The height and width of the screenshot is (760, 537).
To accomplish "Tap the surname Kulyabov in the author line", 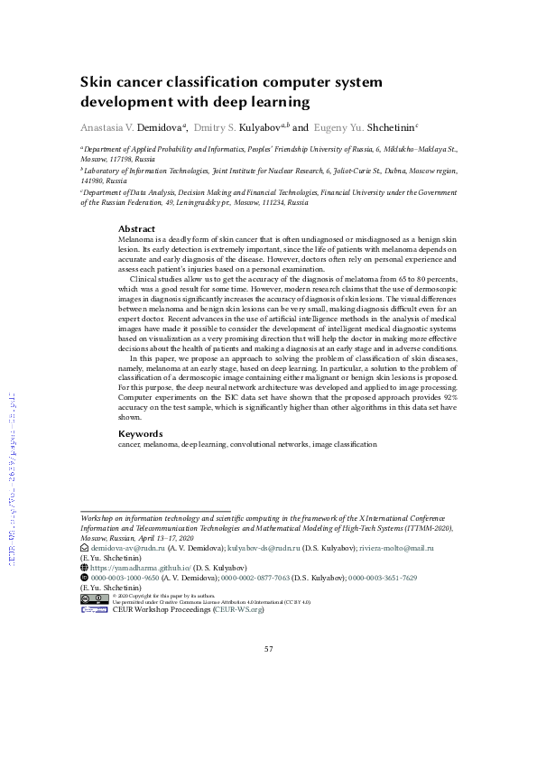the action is (x=255, y=129).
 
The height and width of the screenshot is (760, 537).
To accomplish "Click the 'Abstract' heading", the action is (x=137, y=229).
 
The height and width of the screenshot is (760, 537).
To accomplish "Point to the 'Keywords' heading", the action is (x=141, y=434).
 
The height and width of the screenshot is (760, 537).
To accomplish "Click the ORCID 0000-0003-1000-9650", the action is (x=125, y=578).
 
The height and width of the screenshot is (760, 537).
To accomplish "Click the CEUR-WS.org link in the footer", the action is (x=238, y=610).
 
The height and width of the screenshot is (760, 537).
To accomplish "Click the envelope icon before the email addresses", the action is (x=85, y=548).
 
